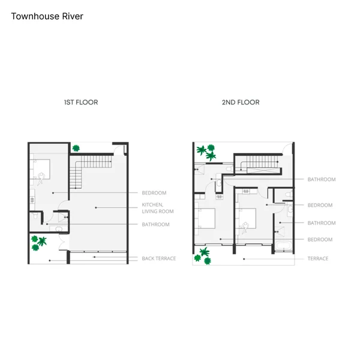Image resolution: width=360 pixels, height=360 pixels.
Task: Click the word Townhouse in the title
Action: [x=35, y=16]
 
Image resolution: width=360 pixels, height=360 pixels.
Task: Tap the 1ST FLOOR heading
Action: [x=81, y=102]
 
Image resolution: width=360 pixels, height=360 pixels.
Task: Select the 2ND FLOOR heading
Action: [x=241, y=102]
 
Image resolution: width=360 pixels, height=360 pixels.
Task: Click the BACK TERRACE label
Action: [x=159, y=259]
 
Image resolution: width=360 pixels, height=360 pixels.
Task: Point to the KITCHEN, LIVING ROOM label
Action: [x=158, y=208]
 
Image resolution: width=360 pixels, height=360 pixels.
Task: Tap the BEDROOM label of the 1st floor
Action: [x=154, y=193]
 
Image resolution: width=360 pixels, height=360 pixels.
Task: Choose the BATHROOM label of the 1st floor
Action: [x=155, y=224]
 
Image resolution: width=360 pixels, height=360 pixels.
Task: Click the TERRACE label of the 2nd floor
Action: [x=318, y=259]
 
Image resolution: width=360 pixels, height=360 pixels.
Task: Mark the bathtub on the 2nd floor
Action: [x=284, y=246]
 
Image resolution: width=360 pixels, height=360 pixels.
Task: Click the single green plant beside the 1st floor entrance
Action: [x=76, y=148]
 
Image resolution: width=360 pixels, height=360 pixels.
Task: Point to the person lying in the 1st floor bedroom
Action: [x=41, y=178]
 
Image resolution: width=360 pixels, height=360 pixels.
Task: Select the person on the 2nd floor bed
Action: [x=245, y=228]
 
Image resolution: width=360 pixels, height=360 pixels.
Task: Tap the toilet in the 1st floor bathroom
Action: [x=35, y=215]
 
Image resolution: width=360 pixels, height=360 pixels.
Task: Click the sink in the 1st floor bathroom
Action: [x=59, y=229]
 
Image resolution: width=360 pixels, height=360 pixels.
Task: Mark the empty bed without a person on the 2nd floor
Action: [x=206, y=218]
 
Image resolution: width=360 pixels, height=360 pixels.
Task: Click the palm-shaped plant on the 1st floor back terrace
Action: [x=43, y=241]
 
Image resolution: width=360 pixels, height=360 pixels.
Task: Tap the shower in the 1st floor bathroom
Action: [x=63, y=217]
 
